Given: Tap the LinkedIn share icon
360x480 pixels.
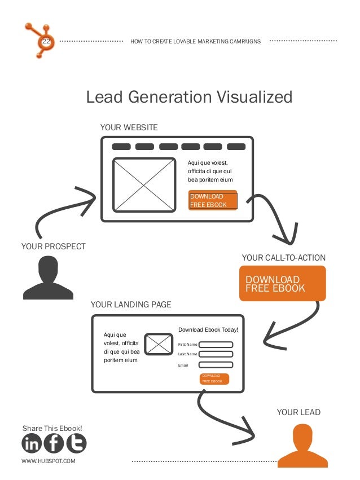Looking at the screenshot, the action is pos(32,444).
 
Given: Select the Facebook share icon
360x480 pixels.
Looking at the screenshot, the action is pos(54,444).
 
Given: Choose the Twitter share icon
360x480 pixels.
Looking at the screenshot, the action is pos(76,444).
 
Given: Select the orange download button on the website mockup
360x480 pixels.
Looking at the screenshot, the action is pos(213,200).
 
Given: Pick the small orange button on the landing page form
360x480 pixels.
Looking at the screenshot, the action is pos(214,378).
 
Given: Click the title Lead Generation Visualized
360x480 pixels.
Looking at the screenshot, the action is pos(189,97).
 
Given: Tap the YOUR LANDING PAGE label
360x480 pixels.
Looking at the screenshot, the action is pos(130,305).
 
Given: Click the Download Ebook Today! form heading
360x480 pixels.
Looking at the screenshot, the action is pos(208,329).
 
